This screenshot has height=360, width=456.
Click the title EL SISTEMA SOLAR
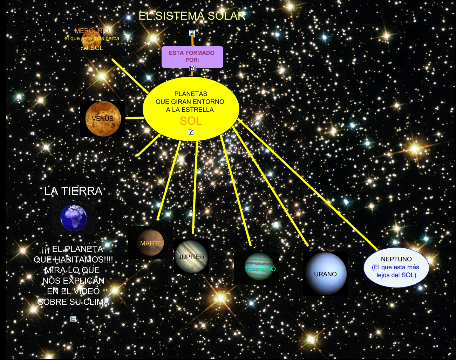click(192, 16)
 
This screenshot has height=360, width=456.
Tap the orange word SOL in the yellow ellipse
click(191, 121)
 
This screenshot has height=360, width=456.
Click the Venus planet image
click(103, 119)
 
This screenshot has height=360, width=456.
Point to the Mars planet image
click(151, 243)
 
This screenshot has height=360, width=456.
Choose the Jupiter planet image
click(191, 257)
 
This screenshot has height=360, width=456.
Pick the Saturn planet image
click(259, 268)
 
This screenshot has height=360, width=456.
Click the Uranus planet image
click(325, 274)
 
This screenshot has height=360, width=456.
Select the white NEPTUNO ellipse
click(396, 267)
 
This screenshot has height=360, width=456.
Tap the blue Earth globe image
click(74, 218)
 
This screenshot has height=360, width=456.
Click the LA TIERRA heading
click(74, 191)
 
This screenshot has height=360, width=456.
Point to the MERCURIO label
click(92, 31)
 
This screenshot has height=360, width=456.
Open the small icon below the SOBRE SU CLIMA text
click(73, 319)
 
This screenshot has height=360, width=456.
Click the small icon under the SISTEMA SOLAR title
click(192, 33)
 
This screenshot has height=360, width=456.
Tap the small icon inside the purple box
click(192, 68)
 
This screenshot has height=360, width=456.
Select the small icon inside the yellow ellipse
click(191, 132)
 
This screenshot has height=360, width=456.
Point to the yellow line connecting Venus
click(134, 118)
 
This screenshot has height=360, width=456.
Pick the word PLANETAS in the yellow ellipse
click(191, 94)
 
